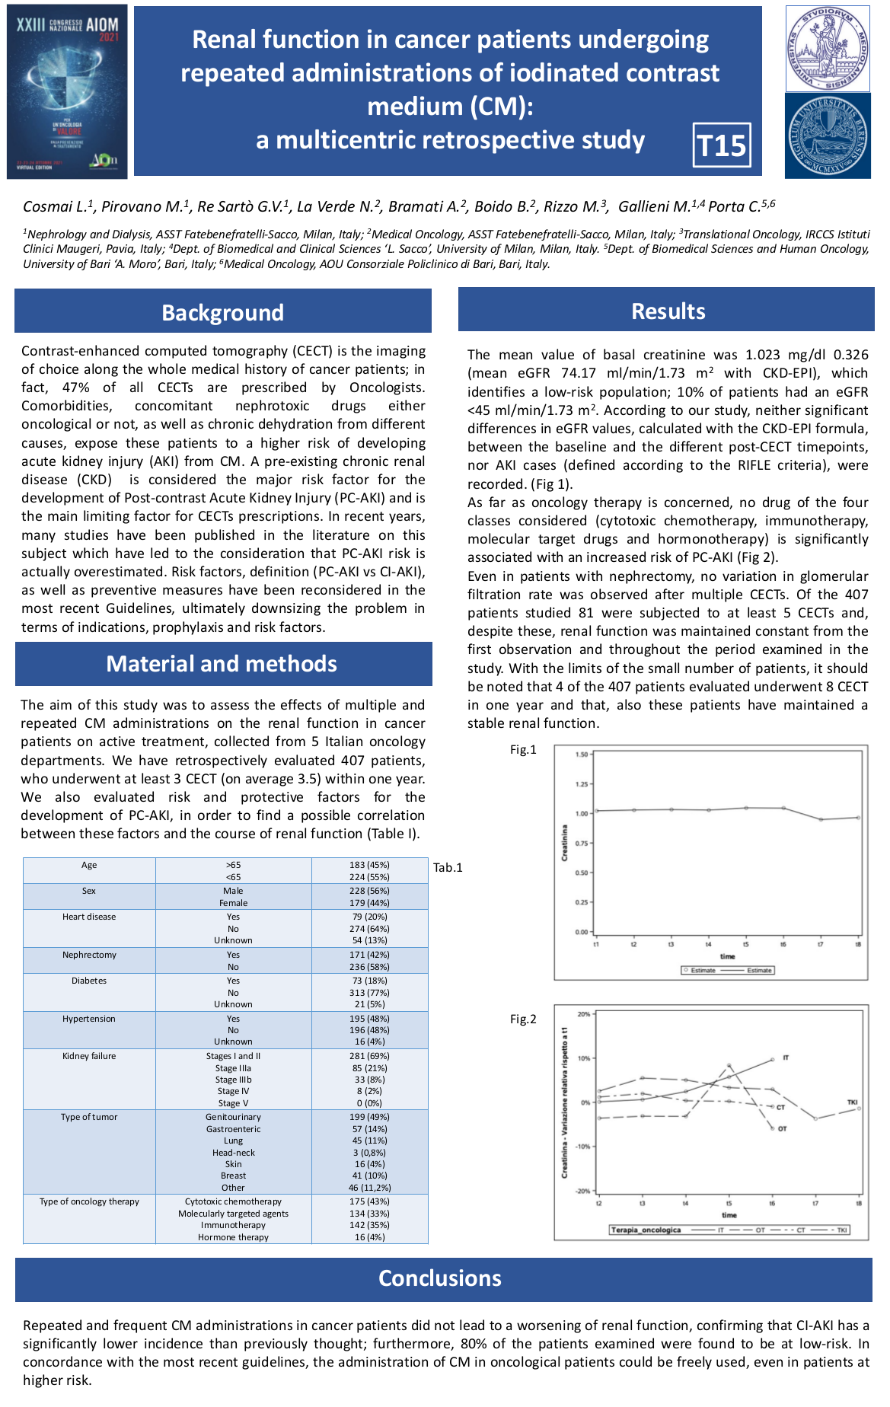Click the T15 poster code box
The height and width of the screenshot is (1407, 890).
click(x=722, y=145)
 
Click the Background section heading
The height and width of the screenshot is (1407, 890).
click(x=222, y=312)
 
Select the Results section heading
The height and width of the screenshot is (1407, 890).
click(x=668, y=311)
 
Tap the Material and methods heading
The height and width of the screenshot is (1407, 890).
click(x=222, y=664)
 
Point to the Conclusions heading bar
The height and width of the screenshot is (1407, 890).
click(x=440, y=1278)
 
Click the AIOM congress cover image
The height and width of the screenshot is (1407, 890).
click(x=67, y=92)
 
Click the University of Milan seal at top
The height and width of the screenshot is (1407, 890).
click(x=828, y=49)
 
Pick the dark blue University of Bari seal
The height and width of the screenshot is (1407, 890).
click(x=828, y=136)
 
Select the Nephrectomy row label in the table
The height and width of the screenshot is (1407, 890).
click(x=89, y=955)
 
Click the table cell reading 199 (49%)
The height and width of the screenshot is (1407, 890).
click(x=371, y=1117)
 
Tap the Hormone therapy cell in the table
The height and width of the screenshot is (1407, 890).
click(x=233, y=1237)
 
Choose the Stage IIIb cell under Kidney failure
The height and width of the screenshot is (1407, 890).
click(x=233, y=1080)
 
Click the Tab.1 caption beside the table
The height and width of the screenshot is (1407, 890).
click(x=448, y=867)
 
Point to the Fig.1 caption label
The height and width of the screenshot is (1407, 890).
click(x=523, y=750)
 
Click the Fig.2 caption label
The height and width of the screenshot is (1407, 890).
click(x=523, y=1019)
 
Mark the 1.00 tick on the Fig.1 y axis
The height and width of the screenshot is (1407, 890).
click(x=582, y=814)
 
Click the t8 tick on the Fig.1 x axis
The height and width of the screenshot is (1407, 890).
click(x=858, y=944)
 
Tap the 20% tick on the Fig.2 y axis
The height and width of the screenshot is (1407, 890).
click(x=584, y=1014)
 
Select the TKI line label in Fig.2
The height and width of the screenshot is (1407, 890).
click(x=853, y=1102)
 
